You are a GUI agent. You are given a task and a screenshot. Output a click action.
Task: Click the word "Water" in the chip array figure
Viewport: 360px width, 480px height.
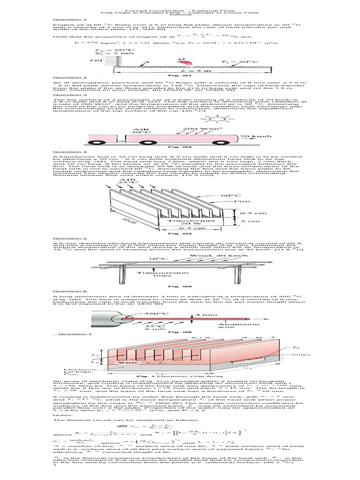point(127,362)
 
